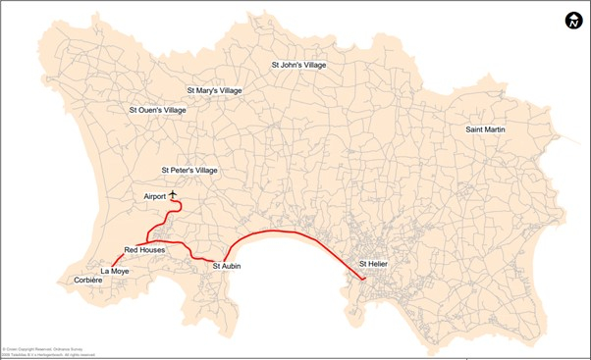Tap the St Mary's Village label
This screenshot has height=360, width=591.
click(214, 90)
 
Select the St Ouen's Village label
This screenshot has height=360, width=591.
click(157, 110)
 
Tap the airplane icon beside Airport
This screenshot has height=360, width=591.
click(174, 195)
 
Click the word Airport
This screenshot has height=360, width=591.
click(155, 197)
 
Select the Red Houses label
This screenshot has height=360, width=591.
click(145, 250)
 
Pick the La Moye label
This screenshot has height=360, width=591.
click(115, 270)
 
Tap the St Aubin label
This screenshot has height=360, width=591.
click(228, 266)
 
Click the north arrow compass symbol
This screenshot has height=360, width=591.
click(573, 22)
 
